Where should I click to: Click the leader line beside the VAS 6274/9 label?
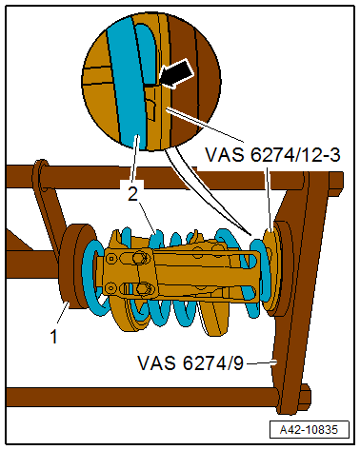tap(263, 362)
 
